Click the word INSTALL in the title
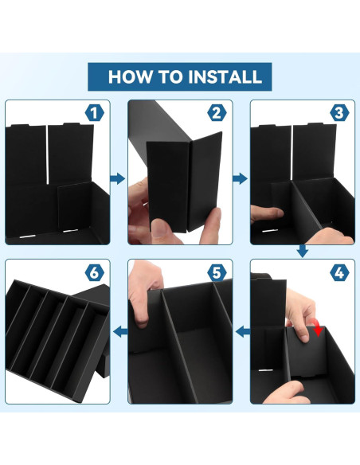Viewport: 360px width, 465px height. tap(225, 76)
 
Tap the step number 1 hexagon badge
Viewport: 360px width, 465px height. tap(95, 113)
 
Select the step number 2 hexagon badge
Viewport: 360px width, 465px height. tap(217, 113)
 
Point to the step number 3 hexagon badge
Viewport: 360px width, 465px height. tap(339, 113)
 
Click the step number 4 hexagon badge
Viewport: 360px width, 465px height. tap(339, 273)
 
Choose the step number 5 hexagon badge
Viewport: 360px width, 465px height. tap(217, 273)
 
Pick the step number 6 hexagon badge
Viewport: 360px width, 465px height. tap(95, 273)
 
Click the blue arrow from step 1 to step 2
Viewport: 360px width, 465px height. tap(118, 178)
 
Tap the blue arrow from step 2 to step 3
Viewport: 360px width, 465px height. tap(240, 178)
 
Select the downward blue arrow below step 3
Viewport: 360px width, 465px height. tap(302, 251)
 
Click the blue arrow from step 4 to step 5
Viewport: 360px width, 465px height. tap(243, 331)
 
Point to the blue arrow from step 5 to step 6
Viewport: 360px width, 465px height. tap(121, 331)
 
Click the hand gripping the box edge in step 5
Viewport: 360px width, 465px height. tap(144, 294)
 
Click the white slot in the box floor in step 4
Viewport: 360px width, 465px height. tap(267, 370)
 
